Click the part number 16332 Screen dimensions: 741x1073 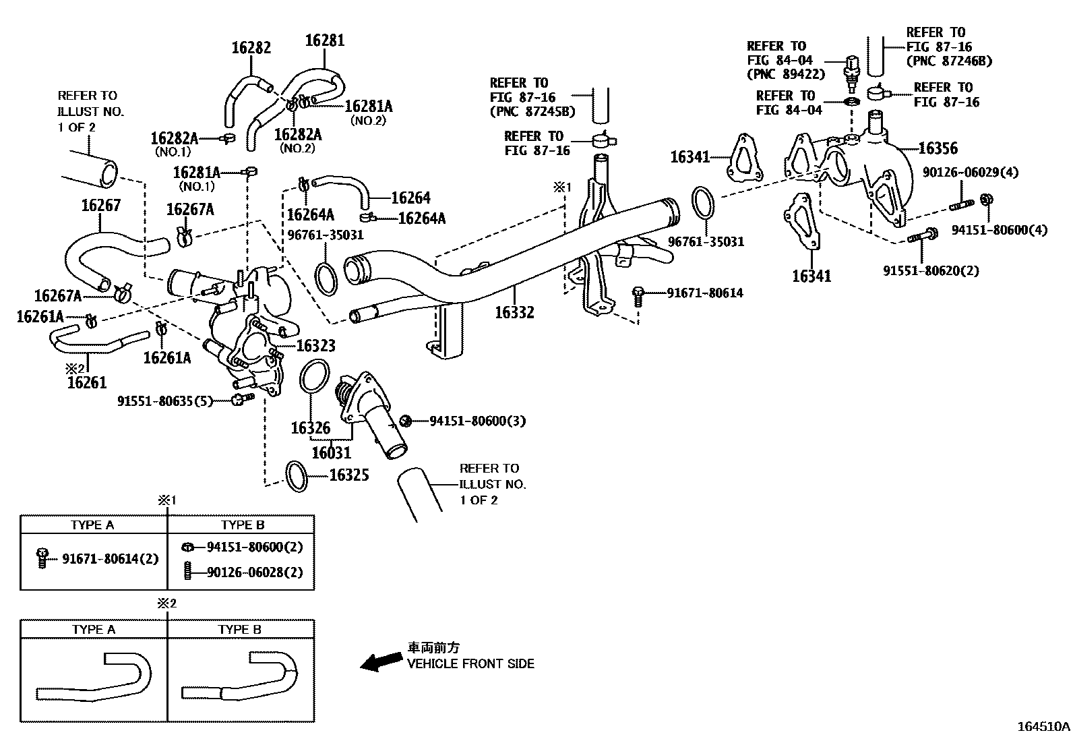514,312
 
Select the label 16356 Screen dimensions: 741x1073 938,148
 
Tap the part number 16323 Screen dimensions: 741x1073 315,346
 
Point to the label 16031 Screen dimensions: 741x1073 331,452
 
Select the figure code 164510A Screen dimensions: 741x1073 1043,727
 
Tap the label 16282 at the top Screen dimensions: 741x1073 251,48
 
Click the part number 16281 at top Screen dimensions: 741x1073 324,40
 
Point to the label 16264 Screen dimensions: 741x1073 410,198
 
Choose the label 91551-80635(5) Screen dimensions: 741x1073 165,401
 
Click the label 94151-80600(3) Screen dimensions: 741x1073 477,421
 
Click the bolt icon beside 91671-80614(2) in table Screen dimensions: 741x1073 43,558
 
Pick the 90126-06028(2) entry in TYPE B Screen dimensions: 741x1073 254,572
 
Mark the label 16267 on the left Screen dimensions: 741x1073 100,205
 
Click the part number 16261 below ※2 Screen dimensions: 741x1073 87,383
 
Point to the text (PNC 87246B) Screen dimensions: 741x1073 949,61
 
